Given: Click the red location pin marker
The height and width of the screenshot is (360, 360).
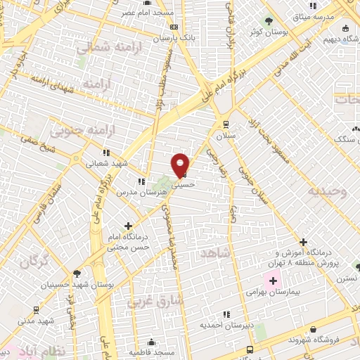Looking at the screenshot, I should pos(181,165).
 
